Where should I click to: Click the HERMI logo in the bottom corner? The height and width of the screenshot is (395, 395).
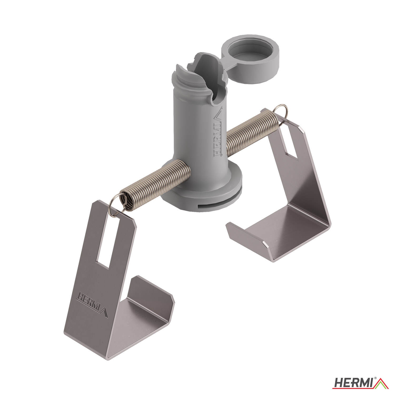(x=360, y=383)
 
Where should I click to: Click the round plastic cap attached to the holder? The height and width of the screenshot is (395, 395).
(x=250, y=58)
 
